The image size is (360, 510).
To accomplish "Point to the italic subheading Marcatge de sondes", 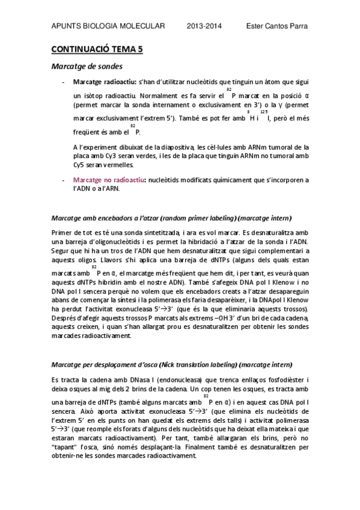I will [x=87, y=66].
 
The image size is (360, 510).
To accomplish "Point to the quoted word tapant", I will [x=65, y=447].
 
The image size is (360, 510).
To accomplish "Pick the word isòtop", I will [x=95, y=95].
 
